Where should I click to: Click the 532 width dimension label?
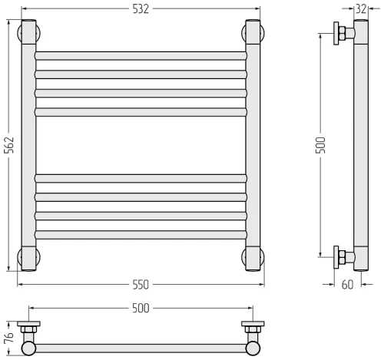tap(141, 9)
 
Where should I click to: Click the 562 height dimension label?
tap(9, 145)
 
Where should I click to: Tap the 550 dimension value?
tap(141, 285)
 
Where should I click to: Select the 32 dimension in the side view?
tap(361, 9)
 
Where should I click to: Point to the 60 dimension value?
tap(347, 285)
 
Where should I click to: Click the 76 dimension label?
tap(8, 339)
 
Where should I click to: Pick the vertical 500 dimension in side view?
tap(320, 145)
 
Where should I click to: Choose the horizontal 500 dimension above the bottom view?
tap(141, 309)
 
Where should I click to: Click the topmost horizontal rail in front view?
tap(141, 56)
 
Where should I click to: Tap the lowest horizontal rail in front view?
tap(141, 235)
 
